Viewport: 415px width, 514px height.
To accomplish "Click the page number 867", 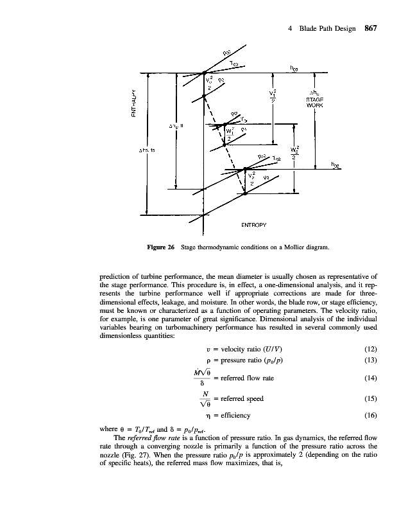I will tap(374, 28).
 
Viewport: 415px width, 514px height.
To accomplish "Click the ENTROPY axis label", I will tap(253, 225).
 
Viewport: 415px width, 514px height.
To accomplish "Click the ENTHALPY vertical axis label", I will tap(134, 104).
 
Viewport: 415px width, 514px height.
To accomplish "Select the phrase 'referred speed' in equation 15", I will tap(242, 398).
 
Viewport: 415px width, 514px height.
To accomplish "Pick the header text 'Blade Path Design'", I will tap(328, 28).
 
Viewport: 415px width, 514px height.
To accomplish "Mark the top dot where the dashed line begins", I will tap(204, 74).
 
